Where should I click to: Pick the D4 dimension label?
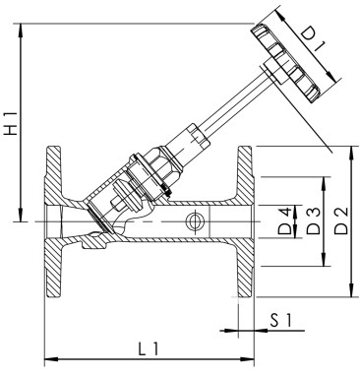pyautogui.click(x=285, y=223)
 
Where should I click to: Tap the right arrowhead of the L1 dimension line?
pyautogui.click(x=250, y=358)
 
